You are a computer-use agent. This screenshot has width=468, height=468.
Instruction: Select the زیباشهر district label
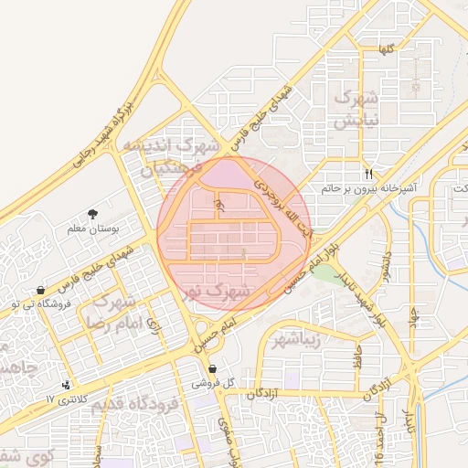tap(308, 342)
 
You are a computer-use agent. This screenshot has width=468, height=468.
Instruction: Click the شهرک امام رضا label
tap(114, 312)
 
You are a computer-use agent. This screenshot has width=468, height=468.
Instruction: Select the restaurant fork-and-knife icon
tap(368, 173)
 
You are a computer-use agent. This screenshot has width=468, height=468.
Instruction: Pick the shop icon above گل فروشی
tap(213, 369)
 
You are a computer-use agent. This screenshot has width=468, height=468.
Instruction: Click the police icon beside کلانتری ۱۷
tap(67, 386)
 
